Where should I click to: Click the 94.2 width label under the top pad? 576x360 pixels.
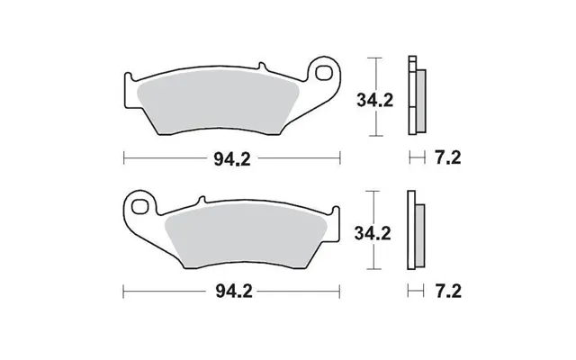pyautogui.click(x=232, y=159)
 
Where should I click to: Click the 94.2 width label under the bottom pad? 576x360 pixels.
pyautogui.click(x=234, y=292)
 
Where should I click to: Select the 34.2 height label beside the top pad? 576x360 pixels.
pyautogui.click(x=374, y=100)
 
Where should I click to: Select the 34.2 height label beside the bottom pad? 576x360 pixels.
pyautogui.click(x=373, y=233)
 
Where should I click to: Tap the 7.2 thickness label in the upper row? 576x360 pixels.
pyautogui.click(x=448, y=158)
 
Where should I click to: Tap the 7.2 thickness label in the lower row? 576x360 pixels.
pyautogui.click(x=448, y=292)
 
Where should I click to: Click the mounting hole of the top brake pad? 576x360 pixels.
pyautogui.click(x=323, y=73)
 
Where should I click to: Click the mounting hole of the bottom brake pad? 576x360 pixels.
pyautogui.click(x=140, y=206)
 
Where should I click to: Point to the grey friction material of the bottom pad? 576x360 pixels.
pyautogui.click(x=246, y=236)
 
